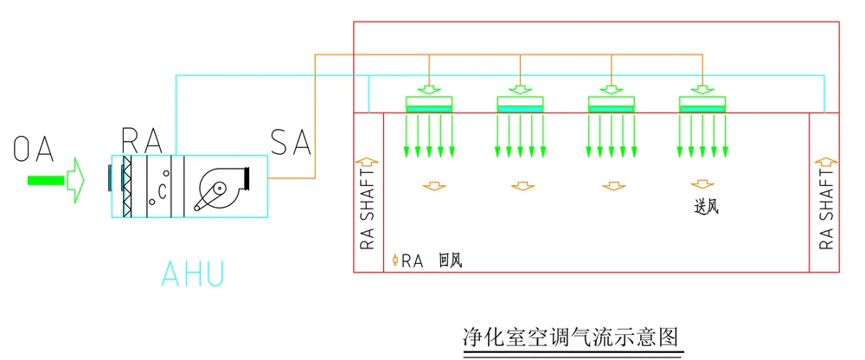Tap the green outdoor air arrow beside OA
(x=57, y=180)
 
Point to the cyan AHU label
(x=192, y=273)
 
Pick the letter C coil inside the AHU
(x=161, y=187)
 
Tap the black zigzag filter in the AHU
(x=126, y=186)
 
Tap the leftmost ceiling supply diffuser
(x=429, y=103)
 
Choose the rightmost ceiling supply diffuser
(x=702, y=103)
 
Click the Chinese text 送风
(x=707, y=207)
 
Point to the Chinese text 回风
(x=450, y=260)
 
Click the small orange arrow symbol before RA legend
(x=394, y=260)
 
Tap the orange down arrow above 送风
(x=702, y=184)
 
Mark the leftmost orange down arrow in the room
(x=429, y=185)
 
